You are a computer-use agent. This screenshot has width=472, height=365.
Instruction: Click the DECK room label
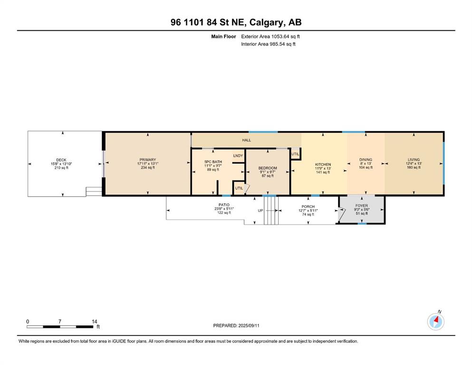61,160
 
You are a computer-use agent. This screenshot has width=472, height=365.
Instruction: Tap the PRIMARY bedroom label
147,160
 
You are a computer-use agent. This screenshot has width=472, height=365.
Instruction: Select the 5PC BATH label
213,162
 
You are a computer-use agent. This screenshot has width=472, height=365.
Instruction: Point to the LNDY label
238,155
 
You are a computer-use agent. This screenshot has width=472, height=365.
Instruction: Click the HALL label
247,140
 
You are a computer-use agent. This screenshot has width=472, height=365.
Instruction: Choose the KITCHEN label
323,164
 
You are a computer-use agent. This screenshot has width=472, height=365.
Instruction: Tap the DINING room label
366,160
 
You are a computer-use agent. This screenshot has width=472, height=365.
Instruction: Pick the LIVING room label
414,160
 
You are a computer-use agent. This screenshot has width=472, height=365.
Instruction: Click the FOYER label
362,206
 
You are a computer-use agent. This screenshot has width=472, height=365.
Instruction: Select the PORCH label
308,207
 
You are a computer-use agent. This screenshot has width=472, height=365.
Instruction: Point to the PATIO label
224,205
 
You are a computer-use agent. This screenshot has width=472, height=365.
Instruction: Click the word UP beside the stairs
260,211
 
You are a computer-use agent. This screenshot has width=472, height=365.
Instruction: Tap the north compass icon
435,322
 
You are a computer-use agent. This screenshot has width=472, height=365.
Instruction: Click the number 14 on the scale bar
94,322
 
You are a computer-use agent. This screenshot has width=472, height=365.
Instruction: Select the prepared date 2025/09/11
249,326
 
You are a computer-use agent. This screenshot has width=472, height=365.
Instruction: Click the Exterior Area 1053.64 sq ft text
270,37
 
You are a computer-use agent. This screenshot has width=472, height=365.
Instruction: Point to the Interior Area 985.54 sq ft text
268,44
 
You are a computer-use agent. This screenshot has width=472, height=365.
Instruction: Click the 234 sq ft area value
147,168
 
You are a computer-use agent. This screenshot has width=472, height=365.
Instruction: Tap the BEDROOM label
268,168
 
